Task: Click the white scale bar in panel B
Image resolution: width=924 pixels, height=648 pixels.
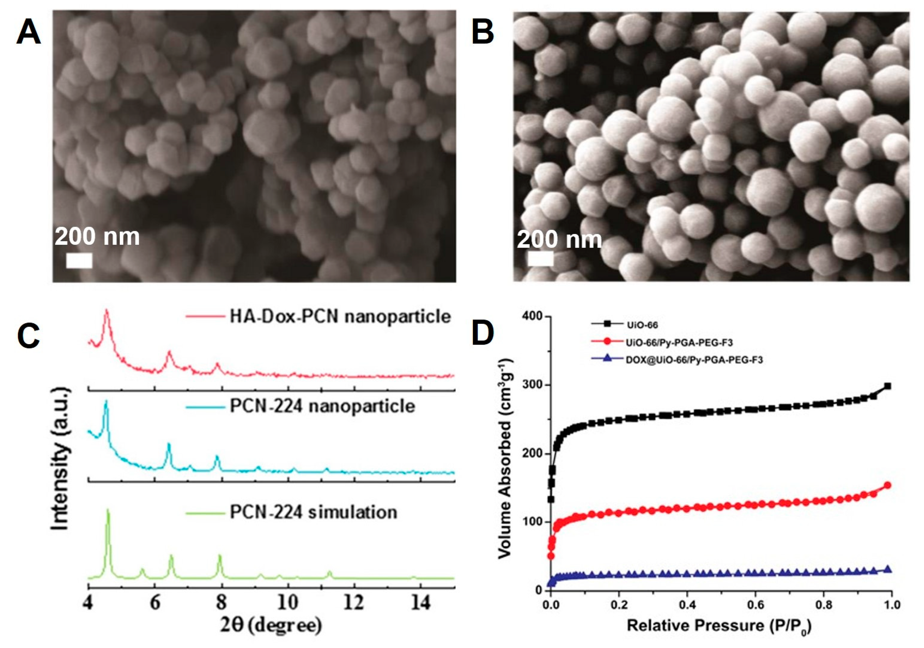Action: click(x=540, y=259)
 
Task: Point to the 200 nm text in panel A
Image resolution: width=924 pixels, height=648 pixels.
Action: click(x=97, y=237)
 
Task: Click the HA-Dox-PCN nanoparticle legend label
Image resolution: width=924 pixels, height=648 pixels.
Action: click(x=340, y=316)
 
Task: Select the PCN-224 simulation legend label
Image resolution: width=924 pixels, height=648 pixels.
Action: click(x=313, y=512)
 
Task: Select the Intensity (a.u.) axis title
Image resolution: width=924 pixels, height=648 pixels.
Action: click(x=60, y=459)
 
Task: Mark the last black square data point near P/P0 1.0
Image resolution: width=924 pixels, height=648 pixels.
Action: click(x=887, y=386)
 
